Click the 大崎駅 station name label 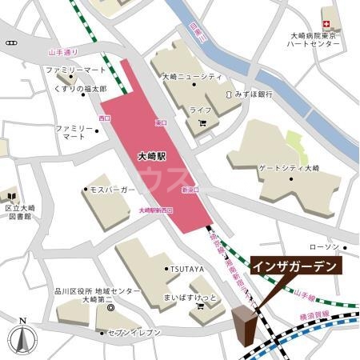coord(152,157)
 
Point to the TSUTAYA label coord(185,270)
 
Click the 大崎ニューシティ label coord(192,77)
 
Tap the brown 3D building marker coord(245,327)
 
